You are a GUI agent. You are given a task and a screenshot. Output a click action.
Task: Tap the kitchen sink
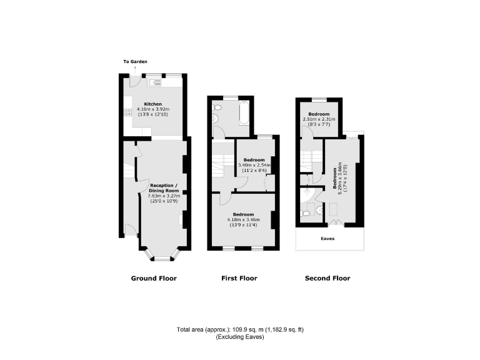click(155, 82)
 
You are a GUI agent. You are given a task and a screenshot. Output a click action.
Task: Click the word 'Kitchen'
click(153, 104)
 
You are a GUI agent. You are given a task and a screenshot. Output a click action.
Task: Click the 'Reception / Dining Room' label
click(163, 188)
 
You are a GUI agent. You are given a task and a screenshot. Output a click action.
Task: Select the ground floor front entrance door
click(129, 230)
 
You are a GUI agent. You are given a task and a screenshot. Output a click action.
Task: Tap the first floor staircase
click(222, 165)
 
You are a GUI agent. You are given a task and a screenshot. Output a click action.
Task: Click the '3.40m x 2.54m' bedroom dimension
click(255, 165)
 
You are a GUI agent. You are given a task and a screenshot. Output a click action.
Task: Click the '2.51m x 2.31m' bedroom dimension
click(319, 119)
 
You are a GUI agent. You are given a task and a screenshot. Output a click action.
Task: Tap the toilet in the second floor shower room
click(304, 214)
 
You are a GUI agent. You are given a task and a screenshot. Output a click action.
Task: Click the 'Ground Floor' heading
click(154, 278)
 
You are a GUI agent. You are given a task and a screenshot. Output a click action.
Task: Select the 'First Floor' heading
click(239, 278)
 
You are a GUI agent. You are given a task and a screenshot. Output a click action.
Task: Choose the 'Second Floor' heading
click(327, 278)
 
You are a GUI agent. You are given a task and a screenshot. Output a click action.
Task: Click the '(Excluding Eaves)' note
click(240, 337)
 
